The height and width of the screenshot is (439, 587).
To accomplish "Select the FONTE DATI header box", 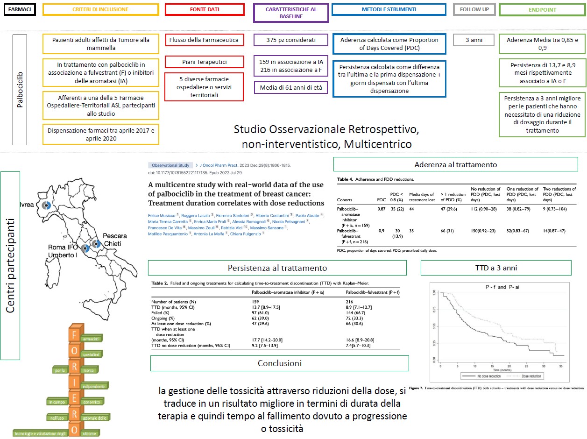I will (x=205, y=9).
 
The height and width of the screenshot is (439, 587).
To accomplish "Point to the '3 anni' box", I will (x=474, y=40).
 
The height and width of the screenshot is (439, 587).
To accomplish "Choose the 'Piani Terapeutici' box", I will (x=205, y=62).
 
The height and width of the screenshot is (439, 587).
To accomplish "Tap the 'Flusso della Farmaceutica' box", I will (x=205, y=40).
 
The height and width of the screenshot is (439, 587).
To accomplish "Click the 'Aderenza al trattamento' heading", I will (x=455, y=164).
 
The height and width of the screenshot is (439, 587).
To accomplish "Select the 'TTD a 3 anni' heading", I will (x=495, y=268).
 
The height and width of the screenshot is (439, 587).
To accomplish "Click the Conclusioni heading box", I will (x=279, y=363).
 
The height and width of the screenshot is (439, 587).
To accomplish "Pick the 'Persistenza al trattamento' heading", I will (x=277, y=268).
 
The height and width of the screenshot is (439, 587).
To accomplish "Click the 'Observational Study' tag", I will (x=169, y=165).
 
